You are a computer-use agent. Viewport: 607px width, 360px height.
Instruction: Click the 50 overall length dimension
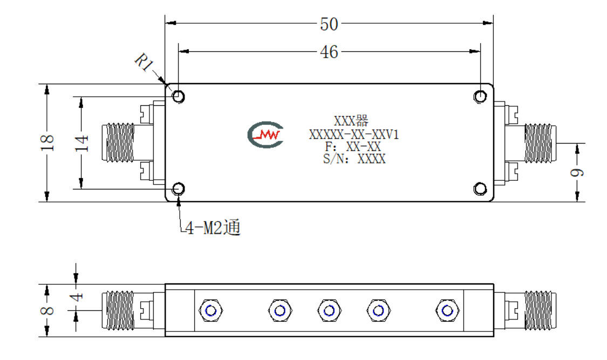tap(329, 24)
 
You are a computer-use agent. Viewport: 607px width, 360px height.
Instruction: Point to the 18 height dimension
tap(47, 142)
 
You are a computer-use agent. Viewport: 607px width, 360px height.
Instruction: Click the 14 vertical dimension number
tap(81, 143)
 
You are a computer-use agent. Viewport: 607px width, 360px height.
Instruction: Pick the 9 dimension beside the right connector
tap(577, 172)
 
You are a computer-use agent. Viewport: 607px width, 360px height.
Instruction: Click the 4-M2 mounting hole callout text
tap(213, 227)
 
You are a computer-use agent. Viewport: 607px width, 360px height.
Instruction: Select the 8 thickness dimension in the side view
tap(47, 310)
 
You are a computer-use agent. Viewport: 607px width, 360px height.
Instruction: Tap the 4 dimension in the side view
tap(77, 297)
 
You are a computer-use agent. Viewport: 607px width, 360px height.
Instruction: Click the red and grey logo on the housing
tap(265, 135)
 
